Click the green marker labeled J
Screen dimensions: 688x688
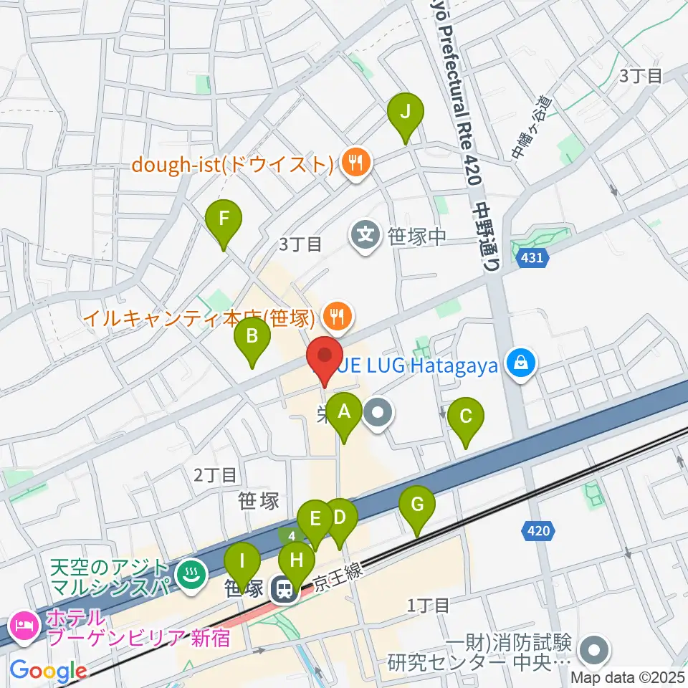pyautogui.click(x=406, y=113)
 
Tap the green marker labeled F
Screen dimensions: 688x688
pyautogui.click(x=224, y=219)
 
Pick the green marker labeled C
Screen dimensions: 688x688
pyautogui.click(x=466, y=417)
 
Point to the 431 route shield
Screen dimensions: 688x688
pyautogui.click(x=532, y=258)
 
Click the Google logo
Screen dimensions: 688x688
pyautogui.click(x=48, y=672)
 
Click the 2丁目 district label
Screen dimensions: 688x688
pyautogui.click(x=215, y=474)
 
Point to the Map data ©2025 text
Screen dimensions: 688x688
pyautogui.click(x=628, y=677)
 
